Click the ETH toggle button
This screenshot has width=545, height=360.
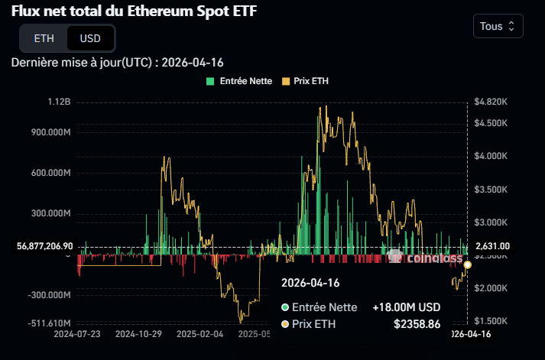coord(44,37)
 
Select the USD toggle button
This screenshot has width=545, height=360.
coord(90,37)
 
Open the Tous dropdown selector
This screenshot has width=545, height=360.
coord(498,26)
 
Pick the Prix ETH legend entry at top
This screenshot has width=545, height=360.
coord(305,80)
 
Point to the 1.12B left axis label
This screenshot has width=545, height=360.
coord(59,102)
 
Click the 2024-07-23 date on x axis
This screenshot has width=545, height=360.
coord(77,334)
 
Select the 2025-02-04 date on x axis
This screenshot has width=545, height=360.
coord(200,334)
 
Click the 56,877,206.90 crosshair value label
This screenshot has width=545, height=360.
coord(44,246)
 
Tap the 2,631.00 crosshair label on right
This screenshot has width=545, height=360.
coord(492,246)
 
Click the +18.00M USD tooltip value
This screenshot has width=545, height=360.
coord(407,307)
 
